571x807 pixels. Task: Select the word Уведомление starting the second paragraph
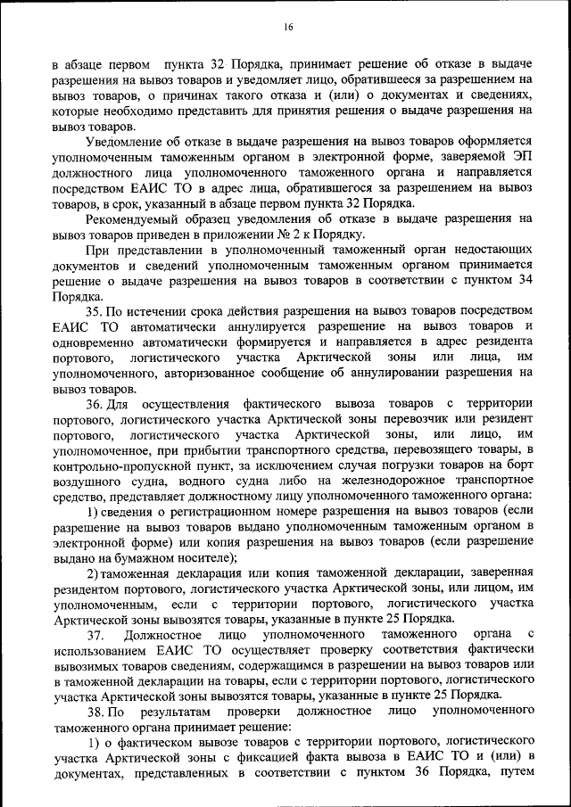[126, 142]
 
